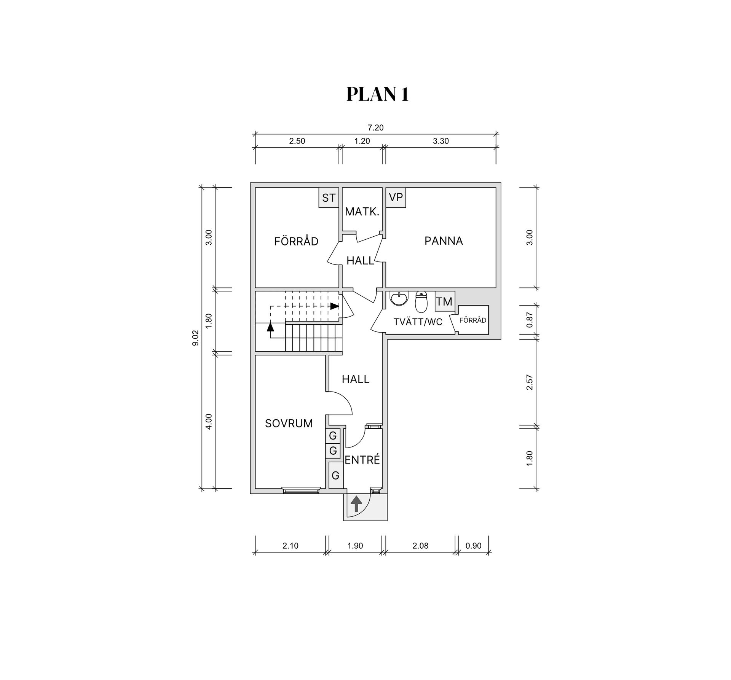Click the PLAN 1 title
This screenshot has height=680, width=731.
377,94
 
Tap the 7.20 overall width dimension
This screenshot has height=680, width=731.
375,128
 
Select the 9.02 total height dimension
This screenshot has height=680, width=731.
195,338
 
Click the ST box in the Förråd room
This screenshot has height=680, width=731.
329,198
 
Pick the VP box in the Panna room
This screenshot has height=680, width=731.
396,197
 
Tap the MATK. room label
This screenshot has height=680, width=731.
362,212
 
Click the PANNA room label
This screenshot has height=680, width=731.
444,241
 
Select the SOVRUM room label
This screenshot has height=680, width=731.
289,424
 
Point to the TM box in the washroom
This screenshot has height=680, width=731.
444,302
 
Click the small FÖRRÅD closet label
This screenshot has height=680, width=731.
473,320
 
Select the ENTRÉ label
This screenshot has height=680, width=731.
362,460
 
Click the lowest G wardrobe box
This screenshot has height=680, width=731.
335,475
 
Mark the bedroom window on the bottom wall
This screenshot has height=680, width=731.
301,490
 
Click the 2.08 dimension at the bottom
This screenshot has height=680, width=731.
420,546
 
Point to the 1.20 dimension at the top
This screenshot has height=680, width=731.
362,141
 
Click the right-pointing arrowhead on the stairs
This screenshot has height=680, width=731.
334,306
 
